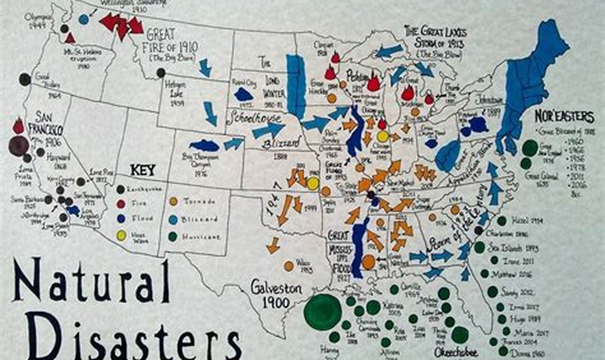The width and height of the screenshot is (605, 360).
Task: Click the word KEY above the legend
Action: click(x=142, y=170)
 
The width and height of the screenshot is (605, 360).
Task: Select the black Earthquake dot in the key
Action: click(x=121, y=189)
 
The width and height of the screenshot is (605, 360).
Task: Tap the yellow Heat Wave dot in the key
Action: click(x=121, y=235)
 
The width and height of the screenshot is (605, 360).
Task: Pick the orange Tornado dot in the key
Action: click(x=173, y=201)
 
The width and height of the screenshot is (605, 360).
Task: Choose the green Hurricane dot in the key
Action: click(x=173, y=235)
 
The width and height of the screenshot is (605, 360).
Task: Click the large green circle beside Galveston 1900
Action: click(x=323, y=312)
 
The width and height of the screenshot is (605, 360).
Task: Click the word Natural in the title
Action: click(x=91, y=281)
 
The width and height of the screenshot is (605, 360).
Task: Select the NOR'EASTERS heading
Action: click(x=564, y=116)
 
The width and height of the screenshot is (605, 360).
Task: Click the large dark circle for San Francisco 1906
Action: click(x=18, y=146)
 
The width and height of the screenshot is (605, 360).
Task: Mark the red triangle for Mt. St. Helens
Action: click(x=70, y=38)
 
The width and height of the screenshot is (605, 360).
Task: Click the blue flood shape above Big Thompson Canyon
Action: click(x=205, y=145)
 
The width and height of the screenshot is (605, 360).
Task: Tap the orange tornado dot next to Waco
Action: click(x=289, y=266)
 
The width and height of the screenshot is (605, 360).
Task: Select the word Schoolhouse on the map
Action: click(x=254, y=118)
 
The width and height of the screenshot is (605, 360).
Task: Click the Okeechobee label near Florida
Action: click(x=456, y=353)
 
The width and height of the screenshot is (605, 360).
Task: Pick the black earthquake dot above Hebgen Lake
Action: click(x=161, y=73)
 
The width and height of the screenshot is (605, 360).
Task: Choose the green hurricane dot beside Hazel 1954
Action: click(x=502, y=221)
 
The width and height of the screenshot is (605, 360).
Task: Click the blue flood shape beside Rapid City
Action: click(x=244, y=94)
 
